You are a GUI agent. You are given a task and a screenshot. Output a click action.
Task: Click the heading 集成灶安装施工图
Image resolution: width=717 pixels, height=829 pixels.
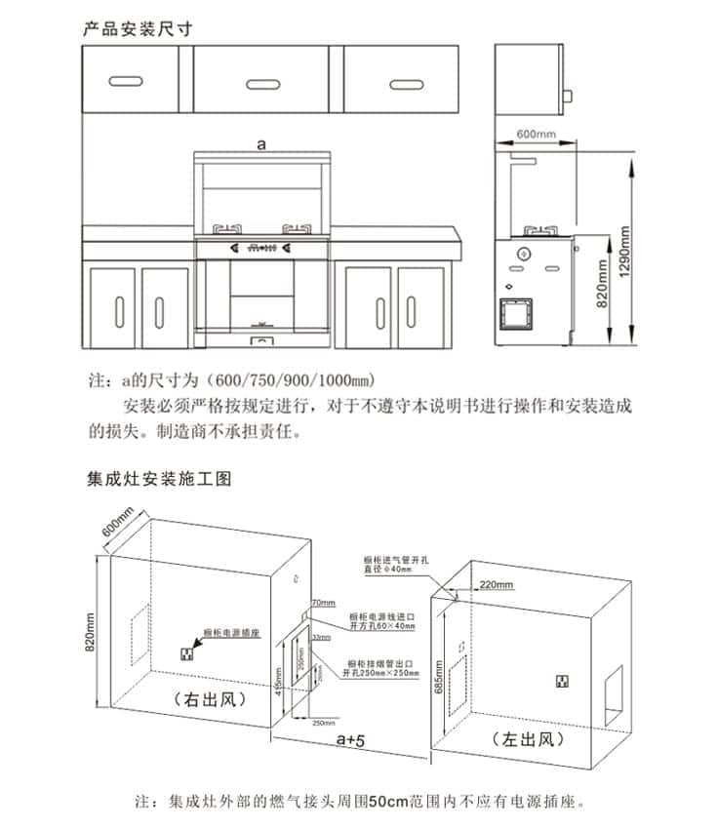(x=158, y=480)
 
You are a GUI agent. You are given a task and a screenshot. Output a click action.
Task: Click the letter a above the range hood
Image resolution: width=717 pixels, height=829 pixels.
(x=260, y=143)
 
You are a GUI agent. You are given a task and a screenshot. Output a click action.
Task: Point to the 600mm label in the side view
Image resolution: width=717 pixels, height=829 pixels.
(x=535, y=133)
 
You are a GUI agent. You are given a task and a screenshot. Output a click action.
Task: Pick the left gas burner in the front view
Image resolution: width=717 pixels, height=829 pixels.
(x=227, y=230)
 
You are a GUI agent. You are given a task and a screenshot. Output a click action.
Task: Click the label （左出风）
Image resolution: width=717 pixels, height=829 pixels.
(x=528, y=738)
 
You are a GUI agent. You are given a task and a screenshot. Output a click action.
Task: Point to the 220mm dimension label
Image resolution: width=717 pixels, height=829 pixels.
(x=497, y=585)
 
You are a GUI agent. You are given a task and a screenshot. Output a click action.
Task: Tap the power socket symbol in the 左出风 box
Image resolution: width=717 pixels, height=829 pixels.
(x=563, y=680)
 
